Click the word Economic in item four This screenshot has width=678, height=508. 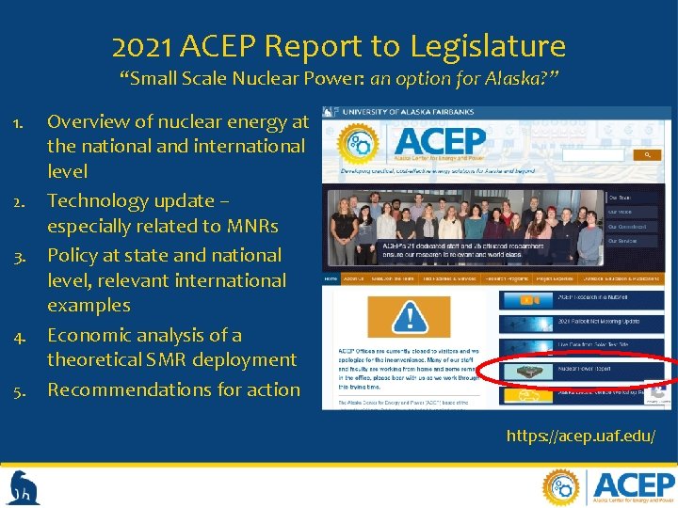[x=89, y=335]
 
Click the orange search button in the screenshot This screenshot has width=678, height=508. [x=647, y=154]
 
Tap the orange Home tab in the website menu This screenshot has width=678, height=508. [x=331, y=278]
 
